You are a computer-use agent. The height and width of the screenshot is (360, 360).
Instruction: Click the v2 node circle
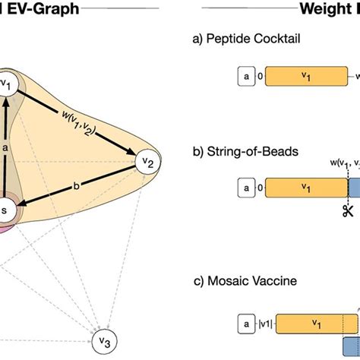pos(148,161)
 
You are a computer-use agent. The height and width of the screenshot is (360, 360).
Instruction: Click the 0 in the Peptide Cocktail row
pos(260,76)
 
